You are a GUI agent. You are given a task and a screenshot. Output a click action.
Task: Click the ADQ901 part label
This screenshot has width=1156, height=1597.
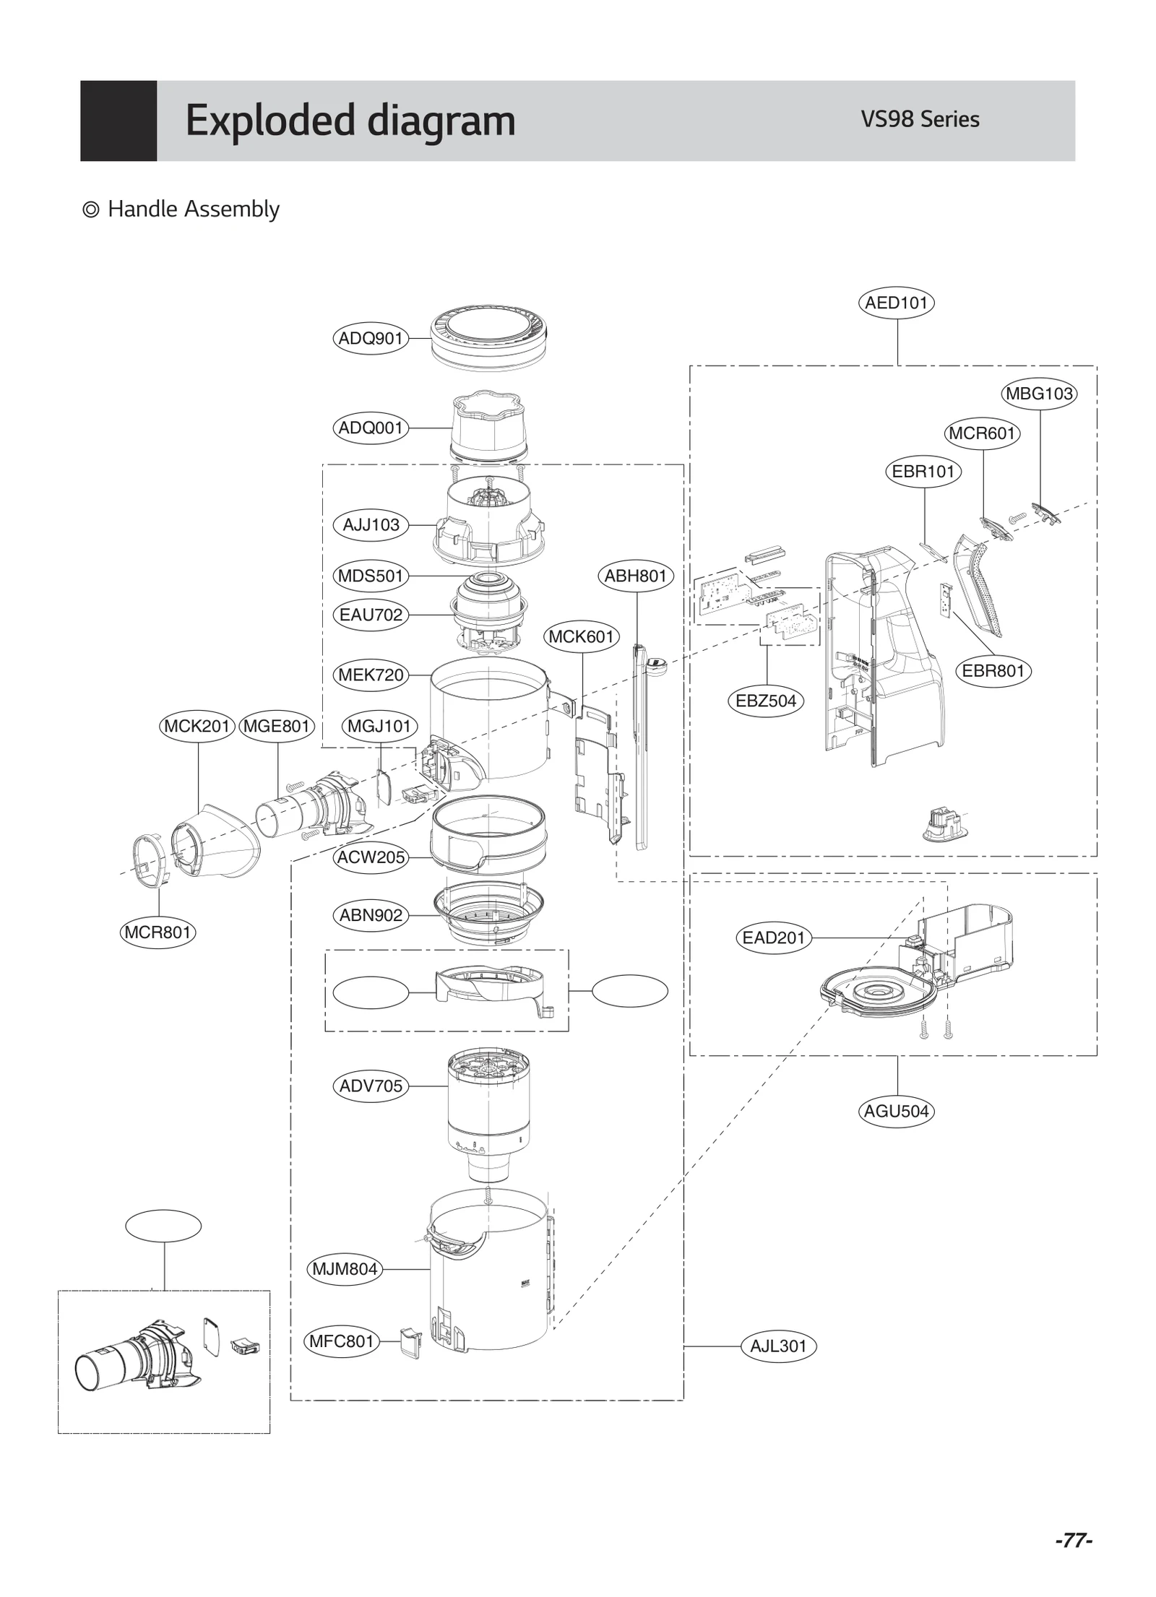pyautogui.click(x=370, y=338)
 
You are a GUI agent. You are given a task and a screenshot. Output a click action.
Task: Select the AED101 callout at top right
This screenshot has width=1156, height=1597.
pyautogui.click(x=896, y=303)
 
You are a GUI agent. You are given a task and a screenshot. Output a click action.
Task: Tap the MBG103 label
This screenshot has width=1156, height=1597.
pyautogui.click(x=1039, y=394)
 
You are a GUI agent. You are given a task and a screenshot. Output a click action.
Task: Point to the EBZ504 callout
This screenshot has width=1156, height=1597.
pyautogui.click(x=765, y=701)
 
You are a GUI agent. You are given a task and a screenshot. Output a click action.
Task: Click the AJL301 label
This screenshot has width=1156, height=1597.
pyautogui.click(x=777, y=1346)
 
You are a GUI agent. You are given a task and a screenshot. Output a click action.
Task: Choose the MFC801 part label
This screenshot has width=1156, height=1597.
pyautogui.click(x=341, y=1341)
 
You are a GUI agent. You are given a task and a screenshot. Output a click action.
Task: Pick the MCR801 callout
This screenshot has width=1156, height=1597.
pyautogui.click(x=158, y=932)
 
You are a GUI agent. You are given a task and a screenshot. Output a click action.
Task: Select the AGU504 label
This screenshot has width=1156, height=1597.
pyautogui.click(x=896, y=1111)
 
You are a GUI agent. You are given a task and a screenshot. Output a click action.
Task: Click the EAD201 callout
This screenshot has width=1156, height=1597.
pyautogui.click(x=773, y=938)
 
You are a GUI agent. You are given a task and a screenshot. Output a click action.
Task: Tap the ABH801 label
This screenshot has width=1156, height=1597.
pyautogui.click(x=635, y=576)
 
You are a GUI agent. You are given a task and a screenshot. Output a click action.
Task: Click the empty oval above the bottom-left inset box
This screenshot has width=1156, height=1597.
pyautogui.click(x=163, y=1226)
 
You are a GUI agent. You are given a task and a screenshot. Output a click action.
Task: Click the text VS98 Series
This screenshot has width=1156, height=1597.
pyautogui.click(x=919, y=119)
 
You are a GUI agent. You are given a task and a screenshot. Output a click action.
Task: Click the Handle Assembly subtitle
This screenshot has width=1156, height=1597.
pyautogui.click(x=193, y=209)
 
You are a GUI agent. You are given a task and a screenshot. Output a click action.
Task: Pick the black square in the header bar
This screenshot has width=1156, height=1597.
pyautogui.click(x=118, y=121)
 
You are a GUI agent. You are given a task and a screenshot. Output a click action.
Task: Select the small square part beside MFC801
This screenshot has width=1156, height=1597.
pyautogui.click(x=410, y=1342)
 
